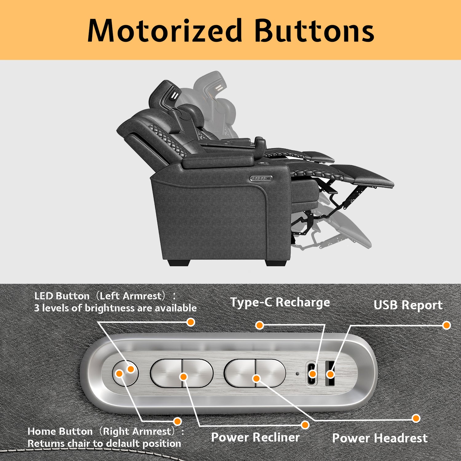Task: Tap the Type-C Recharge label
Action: [280, 302]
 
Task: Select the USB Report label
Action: [408, 305]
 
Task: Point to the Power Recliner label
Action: [255, 437]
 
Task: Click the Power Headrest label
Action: [380, 438]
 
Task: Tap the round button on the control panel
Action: [125, 373]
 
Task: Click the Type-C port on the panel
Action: [312, 373]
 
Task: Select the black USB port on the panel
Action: [330, 373]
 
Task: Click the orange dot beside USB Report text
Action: [446, 325]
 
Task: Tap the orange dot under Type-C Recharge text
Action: [260, 325]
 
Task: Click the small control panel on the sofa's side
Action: [261, 178]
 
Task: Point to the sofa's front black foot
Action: [276, 263]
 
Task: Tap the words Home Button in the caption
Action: [60, 431]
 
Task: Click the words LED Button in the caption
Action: [62, 296]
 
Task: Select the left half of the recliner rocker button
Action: [167, 373]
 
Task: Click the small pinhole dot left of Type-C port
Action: [297, 374]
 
